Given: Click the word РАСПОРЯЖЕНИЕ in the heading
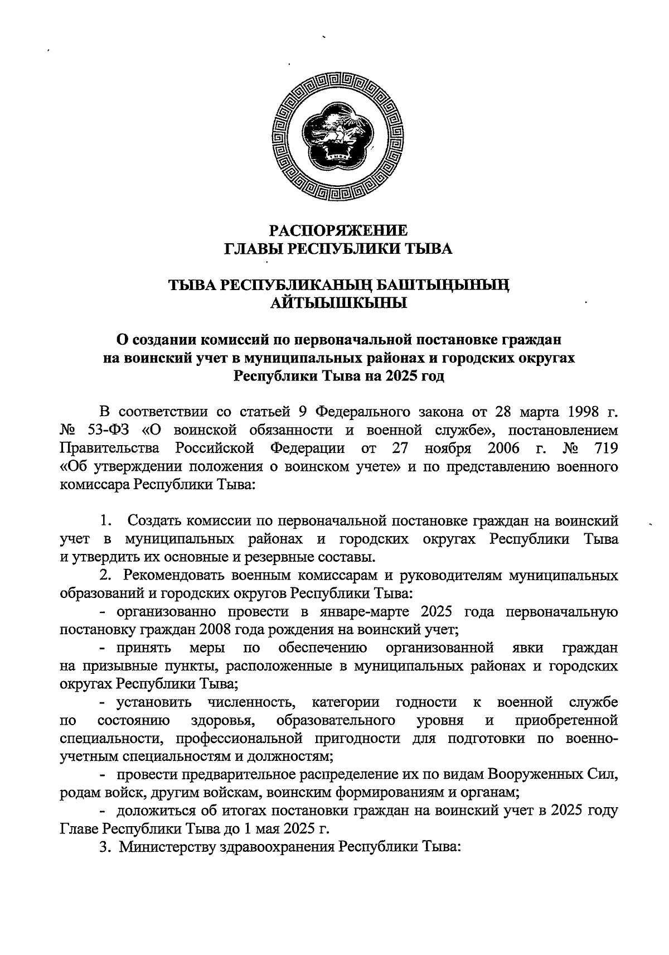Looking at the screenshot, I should (338, 230).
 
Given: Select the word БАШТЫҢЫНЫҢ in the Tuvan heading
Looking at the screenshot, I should (442, 286).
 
